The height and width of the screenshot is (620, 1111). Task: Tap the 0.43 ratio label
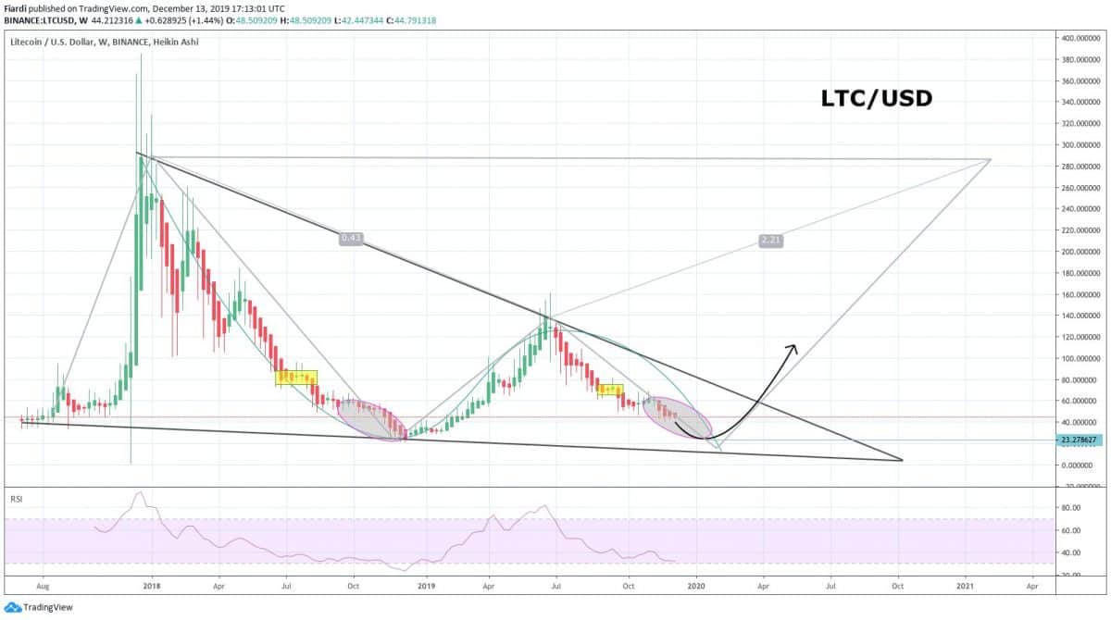351,238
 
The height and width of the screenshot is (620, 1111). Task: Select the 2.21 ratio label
770,241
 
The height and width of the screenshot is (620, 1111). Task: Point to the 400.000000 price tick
1080,38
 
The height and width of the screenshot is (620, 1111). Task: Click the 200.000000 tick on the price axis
1080,252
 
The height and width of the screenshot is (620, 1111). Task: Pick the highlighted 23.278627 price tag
1080,440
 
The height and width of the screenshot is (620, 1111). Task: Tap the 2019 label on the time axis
426,586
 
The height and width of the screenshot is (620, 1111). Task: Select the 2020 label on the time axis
696,586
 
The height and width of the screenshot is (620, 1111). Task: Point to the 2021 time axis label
966,586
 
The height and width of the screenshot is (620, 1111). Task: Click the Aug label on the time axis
41,586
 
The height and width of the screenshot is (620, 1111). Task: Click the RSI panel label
16,499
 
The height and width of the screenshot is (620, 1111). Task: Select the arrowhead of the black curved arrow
792,348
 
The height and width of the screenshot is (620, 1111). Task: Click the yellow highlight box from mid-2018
296,378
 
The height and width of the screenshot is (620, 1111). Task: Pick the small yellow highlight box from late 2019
610,390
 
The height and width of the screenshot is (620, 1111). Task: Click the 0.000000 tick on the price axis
1079,465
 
